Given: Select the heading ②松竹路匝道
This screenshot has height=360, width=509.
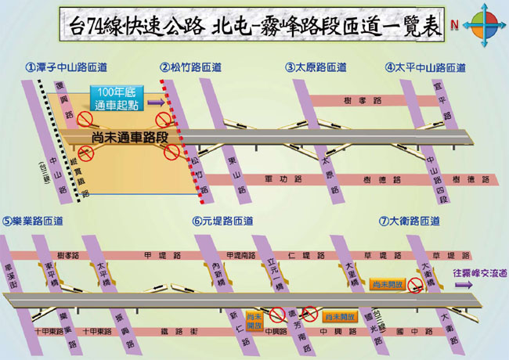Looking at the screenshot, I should [x=190, y=68].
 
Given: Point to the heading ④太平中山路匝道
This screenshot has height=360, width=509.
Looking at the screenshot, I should [x=425, y=68].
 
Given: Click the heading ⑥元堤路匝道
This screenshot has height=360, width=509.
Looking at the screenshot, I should [x=223, y=221].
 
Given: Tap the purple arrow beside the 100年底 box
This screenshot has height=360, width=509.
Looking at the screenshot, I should [x=156, y=102].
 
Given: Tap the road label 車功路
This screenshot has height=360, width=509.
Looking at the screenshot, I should [x=279, y=179].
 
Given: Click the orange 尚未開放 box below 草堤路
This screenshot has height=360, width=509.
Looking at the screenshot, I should [x=385, y=284].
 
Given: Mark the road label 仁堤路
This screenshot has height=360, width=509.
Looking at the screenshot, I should [x=301, y=255].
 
